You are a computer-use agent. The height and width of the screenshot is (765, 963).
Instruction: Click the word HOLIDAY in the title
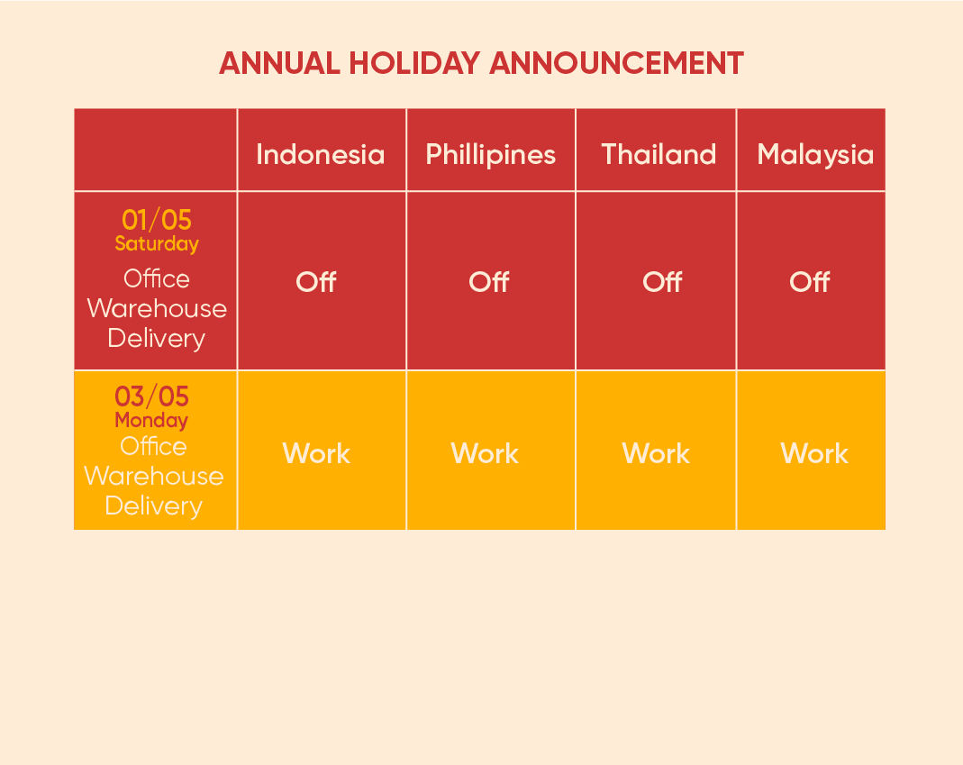414,63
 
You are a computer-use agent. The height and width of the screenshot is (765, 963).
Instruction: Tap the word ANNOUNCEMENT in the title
616,63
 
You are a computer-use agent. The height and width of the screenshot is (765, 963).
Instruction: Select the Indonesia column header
321,154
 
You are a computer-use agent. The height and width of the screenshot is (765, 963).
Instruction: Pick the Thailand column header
659,154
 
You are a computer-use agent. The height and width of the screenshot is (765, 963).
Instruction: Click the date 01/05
157,219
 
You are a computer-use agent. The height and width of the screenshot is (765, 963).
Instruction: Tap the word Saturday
157,244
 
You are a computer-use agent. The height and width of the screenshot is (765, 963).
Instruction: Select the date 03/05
151,396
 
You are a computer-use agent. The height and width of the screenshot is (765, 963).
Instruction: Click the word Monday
151,420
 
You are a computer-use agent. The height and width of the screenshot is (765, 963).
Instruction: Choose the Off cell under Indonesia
316,282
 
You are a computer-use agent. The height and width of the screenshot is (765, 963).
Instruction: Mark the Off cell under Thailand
662,282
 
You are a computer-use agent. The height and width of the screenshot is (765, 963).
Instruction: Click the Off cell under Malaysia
810,282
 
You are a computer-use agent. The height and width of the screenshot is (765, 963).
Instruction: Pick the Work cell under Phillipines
485,453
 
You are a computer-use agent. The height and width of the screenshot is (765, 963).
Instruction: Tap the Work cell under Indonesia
316,453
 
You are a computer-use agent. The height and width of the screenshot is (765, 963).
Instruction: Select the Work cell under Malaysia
814,453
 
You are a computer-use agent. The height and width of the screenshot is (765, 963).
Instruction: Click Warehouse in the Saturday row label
157,308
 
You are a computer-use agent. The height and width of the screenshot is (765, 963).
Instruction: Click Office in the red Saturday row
157,278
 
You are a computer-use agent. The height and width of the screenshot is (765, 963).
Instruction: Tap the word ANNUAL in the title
279,63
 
